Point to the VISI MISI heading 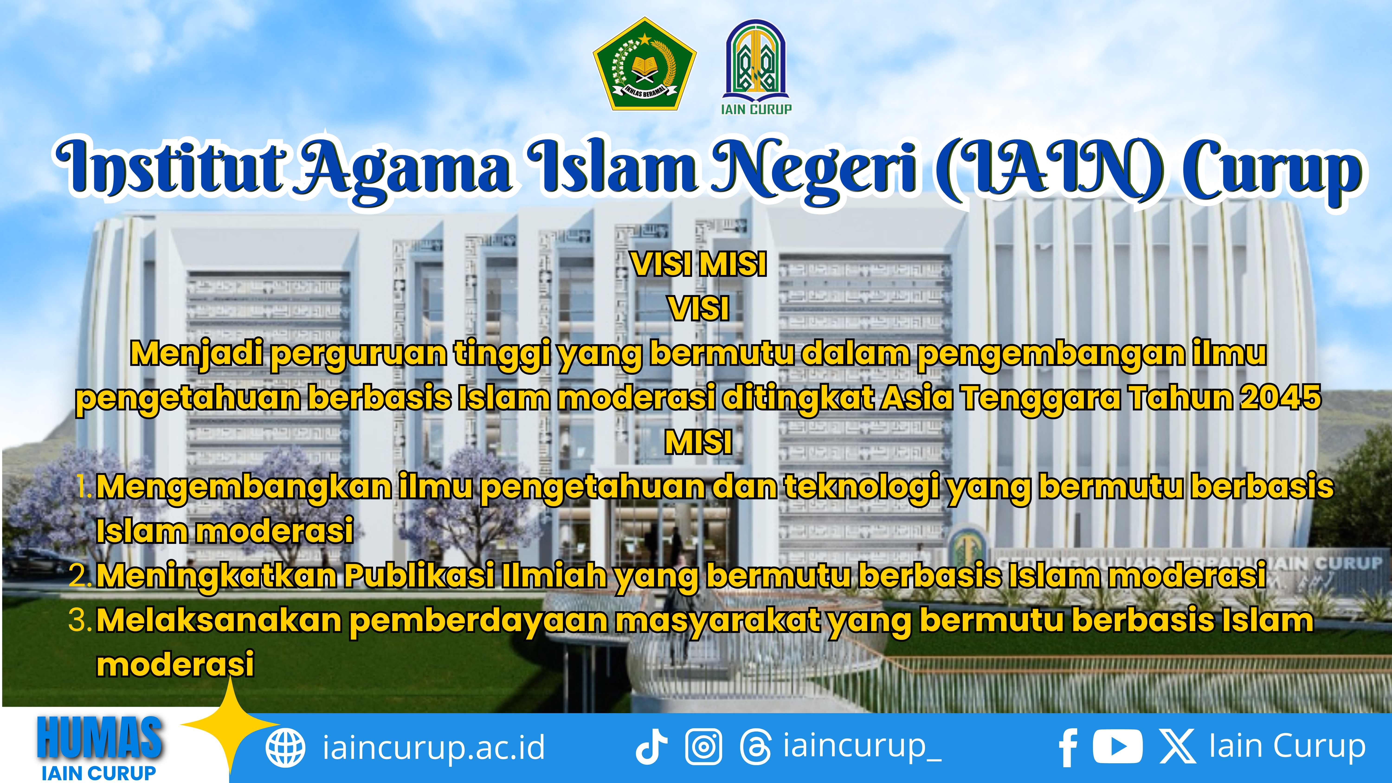click(x=699, y=265)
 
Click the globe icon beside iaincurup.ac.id click(x=285, y=748)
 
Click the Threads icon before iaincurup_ click(x=755, y=748)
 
